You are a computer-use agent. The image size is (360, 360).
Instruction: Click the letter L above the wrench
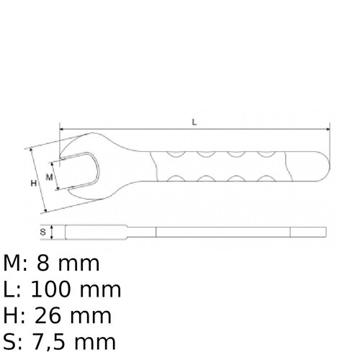[x=195, y=122]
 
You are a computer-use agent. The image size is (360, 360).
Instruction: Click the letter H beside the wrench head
[x=34, y=184]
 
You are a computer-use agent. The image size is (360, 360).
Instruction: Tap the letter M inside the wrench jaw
[x=50, y=175]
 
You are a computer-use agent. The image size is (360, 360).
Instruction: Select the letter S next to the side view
[x=43, y=232]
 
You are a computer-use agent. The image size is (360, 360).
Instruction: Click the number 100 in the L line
[x=57, y=289]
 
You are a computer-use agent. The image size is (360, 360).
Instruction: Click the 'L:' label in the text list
[x=14, y=289]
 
